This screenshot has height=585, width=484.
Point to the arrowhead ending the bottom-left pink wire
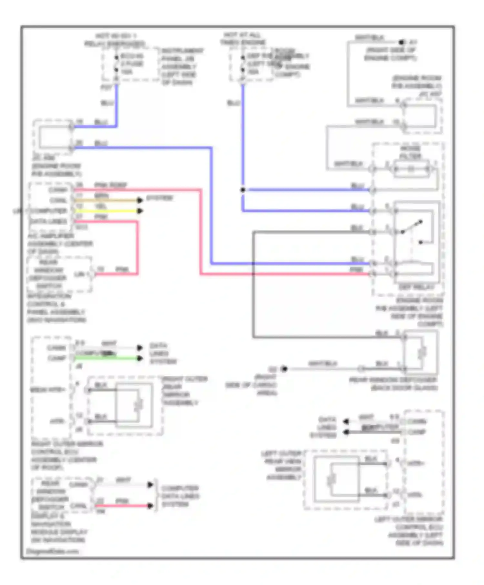click(150, 506)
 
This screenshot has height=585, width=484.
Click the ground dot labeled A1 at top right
click(401, 42)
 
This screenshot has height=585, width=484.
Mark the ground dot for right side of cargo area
click(284, 369)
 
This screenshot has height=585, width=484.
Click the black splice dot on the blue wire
click(243, 190)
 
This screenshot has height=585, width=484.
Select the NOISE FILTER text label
click(410, 152)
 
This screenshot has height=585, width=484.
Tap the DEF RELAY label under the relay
click(417, 287)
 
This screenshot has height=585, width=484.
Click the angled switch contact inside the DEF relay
click(412, 227)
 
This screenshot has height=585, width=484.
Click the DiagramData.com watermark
click(52, 551)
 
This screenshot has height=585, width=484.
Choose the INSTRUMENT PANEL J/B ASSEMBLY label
click(182, 66)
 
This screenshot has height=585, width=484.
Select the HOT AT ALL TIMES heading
click(243, 38)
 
